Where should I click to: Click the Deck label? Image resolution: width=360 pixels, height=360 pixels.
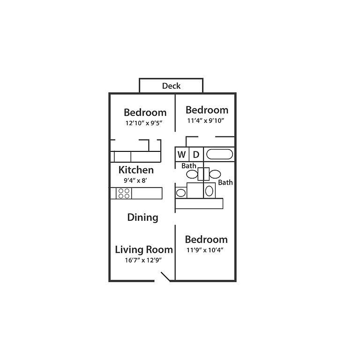click(x=171, y=86)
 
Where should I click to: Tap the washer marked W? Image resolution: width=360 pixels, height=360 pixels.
click(x=182, y=154)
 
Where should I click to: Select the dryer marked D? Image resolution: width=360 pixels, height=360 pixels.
click(x=196, y=154)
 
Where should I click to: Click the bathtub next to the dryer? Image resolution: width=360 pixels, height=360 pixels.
click(x=219, y=154)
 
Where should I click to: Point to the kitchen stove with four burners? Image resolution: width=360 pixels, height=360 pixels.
click(x=124, y=193)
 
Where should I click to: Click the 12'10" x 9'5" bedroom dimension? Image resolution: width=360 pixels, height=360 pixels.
click(x=144, y=123)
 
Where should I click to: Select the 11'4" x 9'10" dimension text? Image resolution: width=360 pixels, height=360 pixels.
click(x=206, y=120)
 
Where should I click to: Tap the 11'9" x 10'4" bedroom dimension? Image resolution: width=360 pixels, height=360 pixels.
click(x=205, y=250)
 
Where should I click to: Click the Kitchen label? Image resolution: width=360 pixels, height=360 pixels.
click(x=136, y=170)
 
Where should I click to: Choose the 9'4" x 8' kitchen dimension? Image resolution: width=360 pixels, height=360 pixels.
click(x=135, y=180)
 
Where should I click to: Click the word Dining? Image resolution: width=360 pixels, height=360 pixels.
click(x=143, y=217)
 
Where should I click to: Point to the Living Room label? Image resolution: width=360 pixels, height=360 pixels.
click(x=144, y=249)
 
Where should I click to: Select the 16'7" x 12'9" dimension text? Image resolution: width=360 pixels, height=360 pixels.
click(x=143, y=260)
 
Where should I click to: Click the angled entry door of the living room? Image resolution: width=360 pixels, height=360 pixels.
click(x=165, y=277)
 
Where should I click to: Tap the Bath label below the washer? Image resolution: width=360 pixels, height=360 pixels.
click(x=189, y=166)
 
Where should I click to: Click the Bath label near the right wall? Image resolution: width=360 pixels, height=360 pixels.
click(x=225, y=182)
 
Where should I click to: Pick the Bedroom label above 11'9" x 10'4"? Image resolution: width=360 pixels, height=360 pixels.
click(x=206, y=240)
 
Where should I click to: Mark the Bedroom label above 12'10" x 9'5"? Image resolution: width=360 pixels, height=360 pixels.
click(x=145, y=112)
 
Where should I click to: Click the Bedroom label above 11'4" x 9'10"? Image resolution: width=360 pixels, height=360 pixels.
click(x=207, y=110)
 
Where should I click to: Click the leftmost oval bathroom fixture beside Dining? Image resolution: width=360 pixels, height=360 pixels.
click(x=181, y=193)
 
